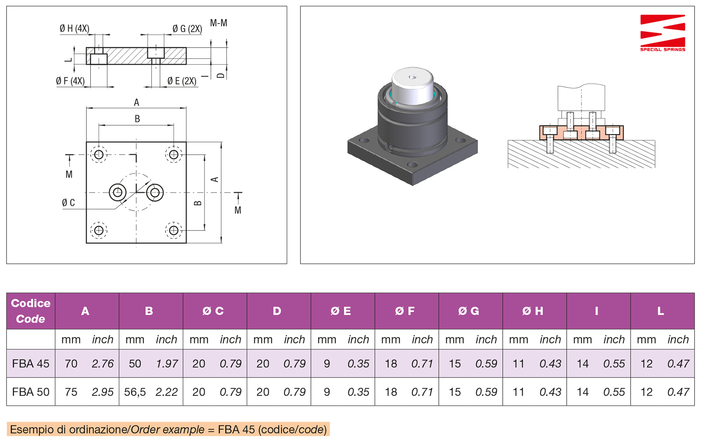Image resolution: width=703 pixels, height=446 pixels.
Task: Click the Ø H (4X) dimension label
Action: click(x=74, y=29)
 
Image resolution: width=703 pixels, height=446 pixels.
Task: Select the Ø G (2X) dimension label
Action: click(x=187, y=29)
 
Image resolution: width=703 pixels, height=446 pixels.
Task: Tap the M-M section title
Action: click(x=219, y=23)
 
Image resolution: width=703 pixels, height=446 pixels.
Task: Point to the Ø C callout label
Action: click(x=68, y=203)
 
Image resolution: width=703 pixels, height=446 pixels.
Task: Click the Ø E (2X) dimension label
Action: click(x=182, y=81)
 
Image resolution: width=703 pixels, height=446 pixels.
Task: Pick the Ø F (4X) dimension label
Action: click(x=70, y=81)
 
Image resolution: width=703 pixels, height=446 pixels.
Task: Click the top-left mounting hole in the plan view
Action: click(x=99, y=155)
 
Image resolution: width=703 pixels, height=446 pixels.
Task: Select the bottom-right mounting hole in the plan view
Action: click(x=174, y=230)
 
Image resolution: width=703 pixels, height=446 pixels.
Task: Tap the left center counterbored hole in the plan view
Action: click(x=118, y=192)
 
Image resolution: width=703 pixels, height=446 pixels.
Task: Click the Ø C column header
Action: click(x=213, y=311)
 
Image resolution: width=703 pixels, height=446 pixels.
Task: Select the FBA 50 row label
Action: click(x=31, y=392)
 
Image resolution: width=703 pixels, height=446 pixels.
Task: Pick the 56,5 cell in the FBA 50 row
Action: click(x=135, y=392)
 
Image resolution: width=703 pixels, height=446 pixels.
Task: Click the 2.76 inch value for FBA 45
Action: click(x=103, y=364)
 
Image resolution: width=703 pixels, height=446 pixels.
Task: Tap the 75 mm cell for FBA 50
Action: click(x=71, y=392)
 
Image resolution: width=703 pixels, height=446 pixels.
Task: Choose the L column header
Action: click(x=661, y=311)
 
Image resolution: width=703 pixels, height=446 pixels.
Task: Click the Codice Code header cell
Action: click(x=31, y=311)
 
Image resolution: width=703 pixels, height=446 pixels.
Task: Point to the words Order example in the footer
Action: click(x=168, y=430)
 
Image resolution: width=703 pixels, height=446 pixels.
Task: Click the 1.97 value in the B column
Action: click(x=167, y=364)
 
